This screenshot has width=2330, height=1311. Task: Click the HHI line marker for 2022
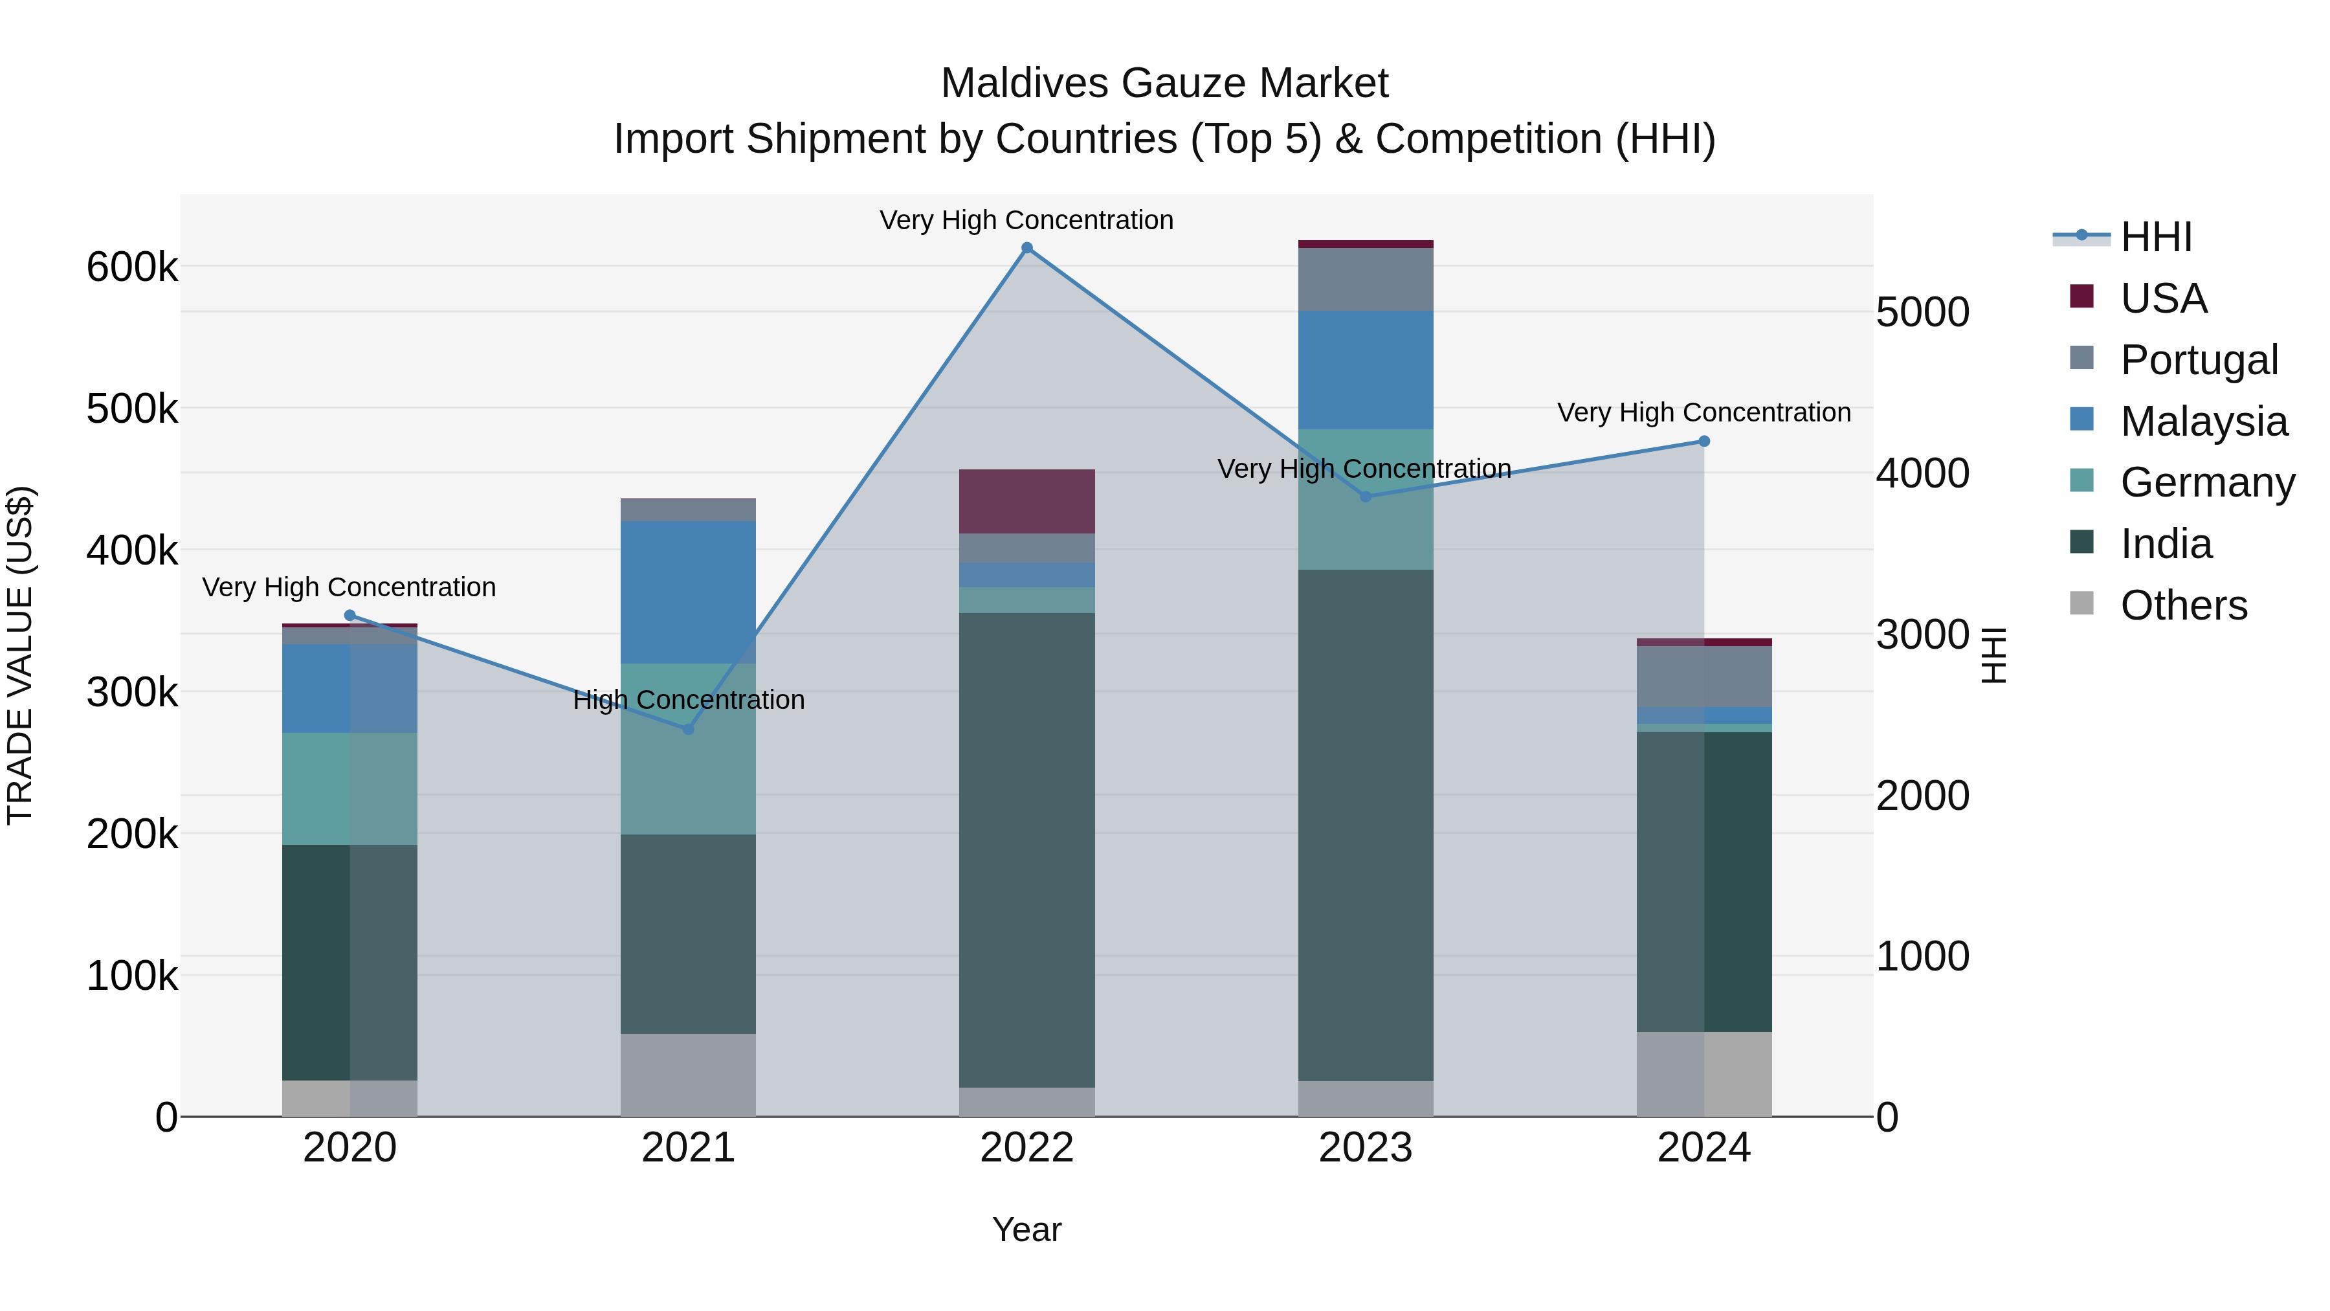coord(1026,248)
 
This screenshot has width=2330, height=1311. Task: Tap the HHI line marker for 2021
coord(689,729)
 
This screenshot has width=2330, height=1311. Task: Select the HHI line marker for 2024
coord(1704,442)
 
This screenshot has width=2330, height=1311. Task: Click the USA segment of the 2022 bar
coord(1026,501)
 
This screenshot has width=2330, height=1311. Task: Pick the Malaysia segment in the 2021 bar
coord(689,592)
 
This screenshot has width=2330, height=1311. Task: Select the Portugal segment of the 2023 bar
coord(1366,280)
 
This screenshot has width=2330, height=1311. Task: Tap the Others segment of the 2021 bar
coord(689,1075)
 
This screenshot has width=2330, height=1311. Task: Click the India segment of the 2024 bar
coord(1704,882)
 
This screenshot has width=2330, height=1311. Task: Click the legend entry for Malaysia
coord(2203,421)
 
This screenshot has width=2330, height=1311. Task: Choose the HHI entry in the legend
coord(2157,237)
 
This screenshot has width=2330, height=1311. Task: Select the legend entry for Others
coord(2184,605)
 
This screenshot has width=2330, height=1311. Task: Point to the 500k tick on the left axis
coord(132,409)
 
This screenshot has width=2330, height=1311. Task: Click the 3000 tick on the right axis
coord(1922,635)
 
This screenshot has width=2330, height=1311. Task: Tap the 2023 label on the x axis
coord(1366,1148)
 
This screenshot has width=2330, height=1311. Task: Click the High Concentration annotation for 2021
coord(689,700)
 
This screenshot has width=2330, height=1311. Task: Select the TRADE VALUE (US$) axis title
coord(21,655)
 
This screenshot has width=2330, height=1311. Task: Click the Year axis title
coord(1026,1229)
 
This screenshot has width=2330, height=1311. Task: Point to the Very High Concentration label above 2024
coord(1704,412)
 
